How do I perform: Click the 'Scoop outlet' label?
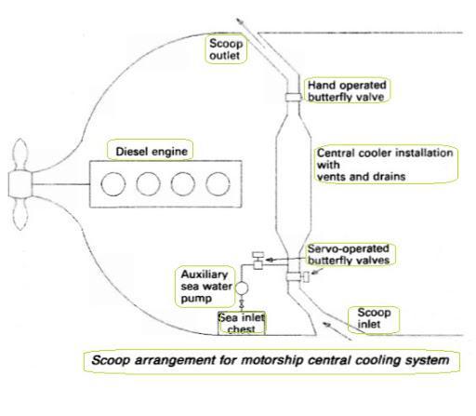click(x=226, y=49)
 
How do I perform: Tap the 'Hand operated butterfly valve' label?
click(x=347, y=90)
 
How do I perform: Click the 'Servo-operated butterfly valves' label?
click(x=349, y=254)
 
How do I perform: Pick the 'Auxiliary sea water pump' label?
click(x=205, y=287)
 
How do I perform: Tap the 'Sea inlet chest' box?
click(x=242, y=323)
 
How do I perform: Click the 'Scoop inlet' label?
click(x=373, y=319)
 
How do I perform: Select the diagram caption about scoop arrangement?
click(x=271, y=361)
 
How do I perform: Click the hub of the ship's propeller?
click(x=20, y=183)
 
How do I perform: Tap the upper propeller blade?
click(x=20, y=154)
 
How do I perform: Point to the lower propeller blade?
click(x=20, y=213)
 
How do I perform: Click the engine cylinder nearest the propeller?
click(x=113, y=184)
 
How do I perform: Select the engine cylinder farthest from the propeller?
click(x=218, y=184)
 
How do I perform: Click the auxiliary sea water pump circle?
click(x=242, y=289)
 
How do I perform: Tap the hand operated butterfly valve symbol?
click(x=293, y=97)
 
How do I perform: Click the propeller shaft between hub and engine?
click(x=61, y=184)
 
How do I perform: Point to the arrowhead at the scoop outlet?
click(x=239, y=20)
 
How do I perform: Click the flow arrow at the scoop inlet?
click(x=337, y=331)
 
